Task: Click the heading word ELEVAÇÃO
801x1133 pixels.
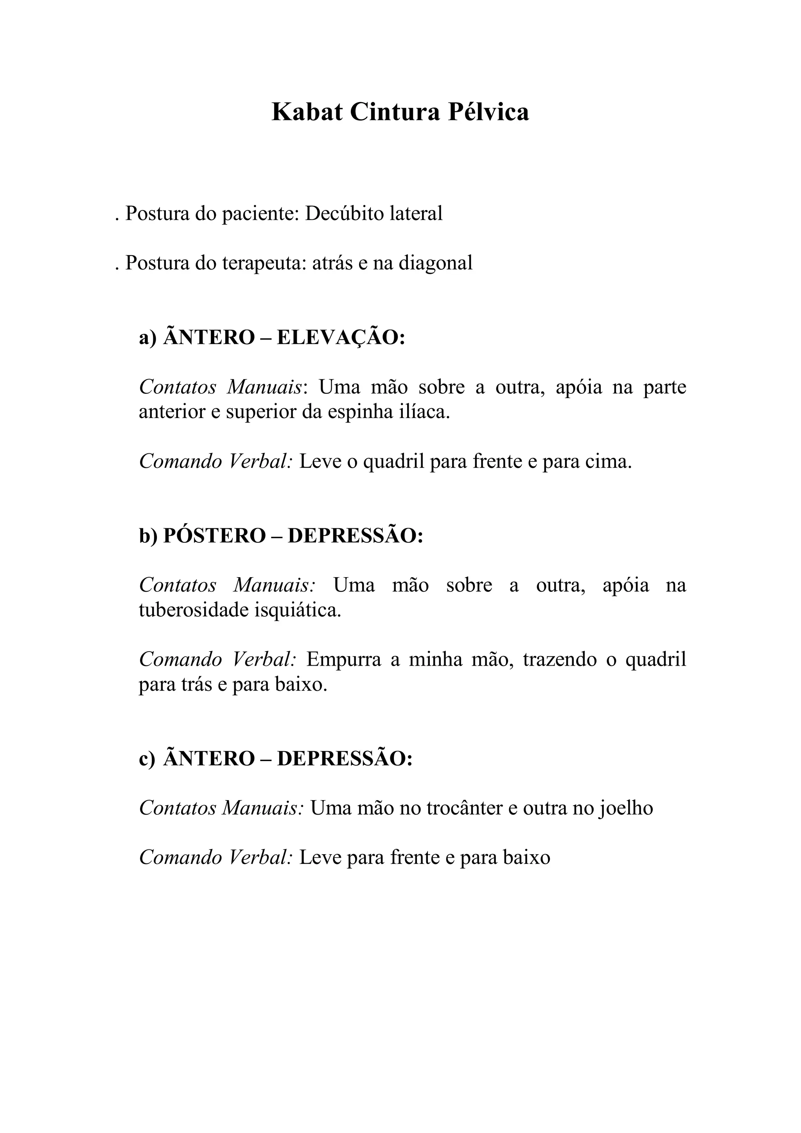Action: pyautogui.click(x=341, y=338)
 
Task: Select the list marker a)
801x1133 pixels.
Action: pyautogui.click(x=147, y=338)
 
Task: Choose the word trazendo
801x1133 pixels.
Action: pyautogui.click(x=560, y=660)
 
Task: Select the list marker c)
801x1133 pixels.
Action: pyautogui.click(x=147, y=758)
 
